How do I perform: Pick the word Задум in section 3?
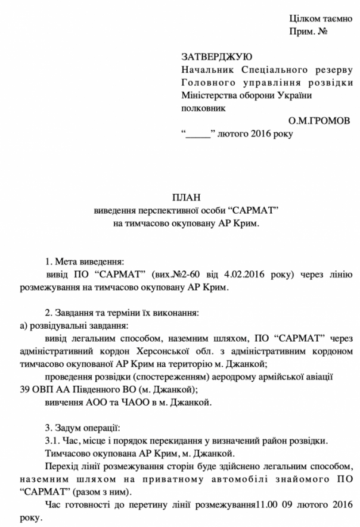point(71,428)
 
